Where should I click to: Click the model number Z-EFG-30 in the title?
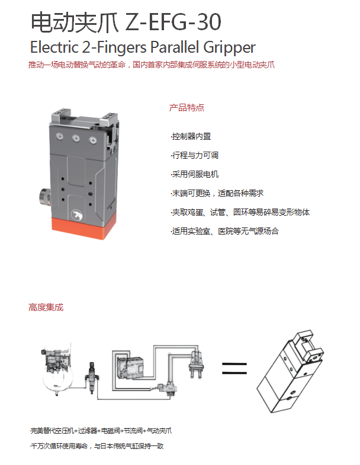173,23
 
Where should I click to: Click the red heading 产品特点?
187,108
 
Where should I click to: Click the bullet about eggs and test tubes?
240,212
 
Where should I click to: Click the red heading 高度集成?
46,307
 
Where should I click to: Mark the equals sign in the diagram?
234,368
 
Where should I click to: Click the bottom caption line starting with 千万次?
97,445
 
